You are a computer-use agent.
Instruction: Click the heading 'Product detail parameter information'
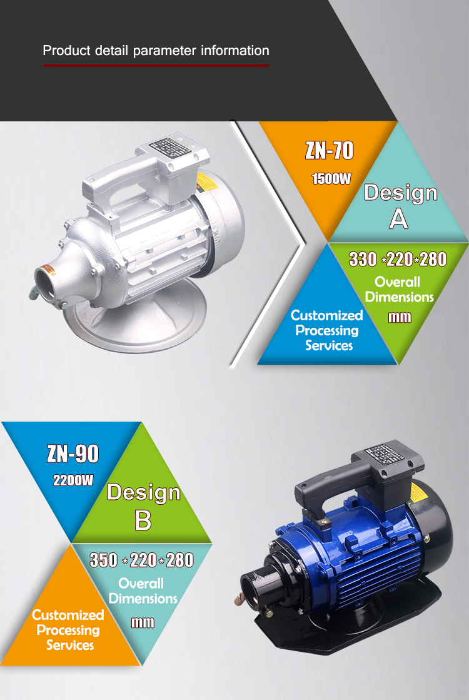(156, 51)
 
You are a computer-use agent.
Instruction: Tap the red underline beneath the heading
(156, 66)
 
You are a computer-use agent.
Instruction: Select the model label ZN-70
(330, 150)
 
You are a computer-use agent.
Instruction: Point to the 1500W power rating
(331, 179)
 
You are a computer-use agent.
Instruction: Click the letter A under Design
(398, 219)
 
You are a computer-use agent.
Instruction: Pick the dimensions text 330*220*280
(398, 260)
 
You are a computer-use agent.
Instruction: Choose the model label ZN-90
(73, 454)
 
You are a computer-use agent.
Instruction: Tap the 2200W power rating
(73, 480)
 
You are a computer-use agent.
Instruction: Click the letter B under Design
(143, 520)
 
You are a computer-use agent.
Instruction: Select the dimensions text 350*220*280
(141, 561)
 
